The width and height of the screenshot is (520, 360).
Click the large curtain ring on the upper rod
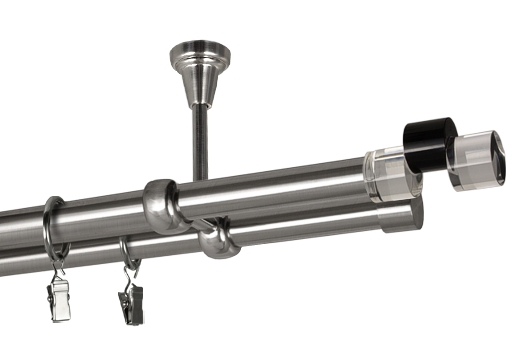click(53, 230)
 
